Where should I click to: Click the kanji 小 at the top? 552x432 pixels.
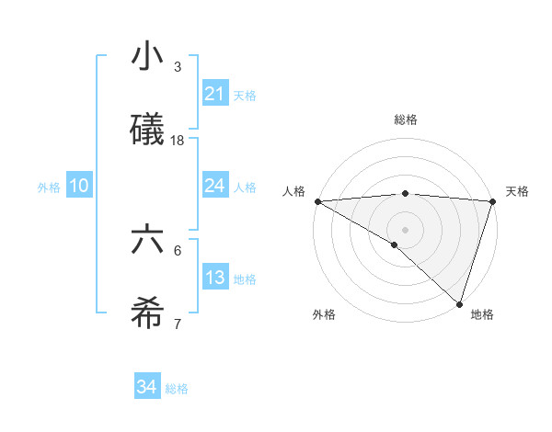[x=147, y=59]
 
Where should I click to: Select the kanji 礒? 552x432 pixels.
[x=147, y=131]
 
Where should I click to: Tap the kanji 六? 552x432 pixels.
[x=147, y=242]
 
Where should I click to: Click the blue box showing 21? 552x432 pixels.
[x=215, y=94]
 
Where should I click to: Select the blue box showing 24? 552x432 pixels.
[x=215, y=186]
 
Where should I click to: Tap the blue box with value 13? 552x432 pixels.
[x=215, y=278]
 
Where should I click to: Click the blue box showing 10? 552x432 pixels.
[x=78, y=186]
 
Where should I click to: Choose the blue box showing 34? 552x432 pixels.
[x=146, y=387]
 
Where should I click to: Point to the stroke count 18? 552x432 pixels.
[x=178, y=141]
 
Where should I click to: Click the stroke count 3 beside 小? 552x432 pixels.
[x=178, y=67]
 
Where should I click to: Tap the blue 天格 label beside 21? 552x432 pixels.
[x=245, y=96]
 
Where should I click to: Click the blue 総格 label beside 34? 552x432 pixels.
[x=177, y=389]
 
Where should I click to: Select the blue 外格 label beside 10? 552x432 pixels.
[x=49, y=188]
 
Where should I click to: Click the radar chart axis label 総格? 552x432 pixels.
[x=406, y=119]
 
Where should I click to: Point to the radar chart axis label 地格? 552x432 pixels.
[x=482, y=315]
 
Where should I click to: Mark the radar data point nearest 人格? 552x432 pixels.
[x=317, y=201]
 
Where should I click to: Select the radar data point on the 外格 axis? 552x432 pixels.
[x=395, y=244]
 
